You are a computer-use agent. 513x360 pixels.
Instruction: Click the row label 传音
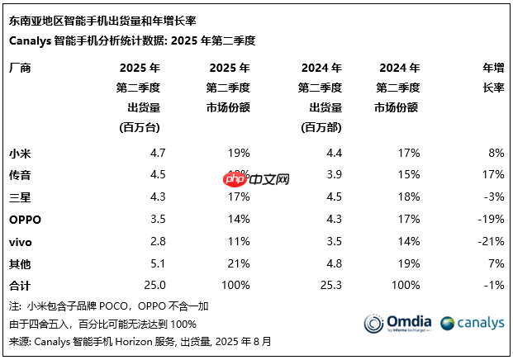(x=20, y=174)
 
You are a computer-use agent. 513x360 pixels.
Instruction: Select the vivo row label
(x=21, y=241)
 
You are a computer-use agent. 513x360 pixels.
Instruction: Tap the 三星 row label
(x=20, y=197)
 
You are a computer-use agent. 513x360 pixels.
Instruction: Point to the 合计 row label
(x=20, y=285)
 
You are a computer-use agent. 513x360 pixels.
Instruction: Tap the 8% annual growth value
(x=496, y=152)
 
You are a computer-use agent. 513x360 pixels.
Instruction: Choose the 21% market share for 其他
(x=239, y=263)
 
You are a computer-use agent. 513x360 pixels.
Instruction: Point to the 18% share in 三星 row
(x=408, y=197)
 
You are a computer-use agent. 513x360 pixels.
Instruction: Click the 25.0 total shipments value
(x=155, y=285)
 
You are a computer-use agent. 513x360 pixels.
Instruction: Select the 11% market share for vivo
(x=239, y=241)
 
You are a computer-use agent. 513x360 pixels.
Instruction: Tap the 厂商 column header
(x=20, y=68)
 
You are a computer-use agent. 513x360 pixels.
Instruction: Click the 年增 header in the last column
(x=493, y=68)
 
